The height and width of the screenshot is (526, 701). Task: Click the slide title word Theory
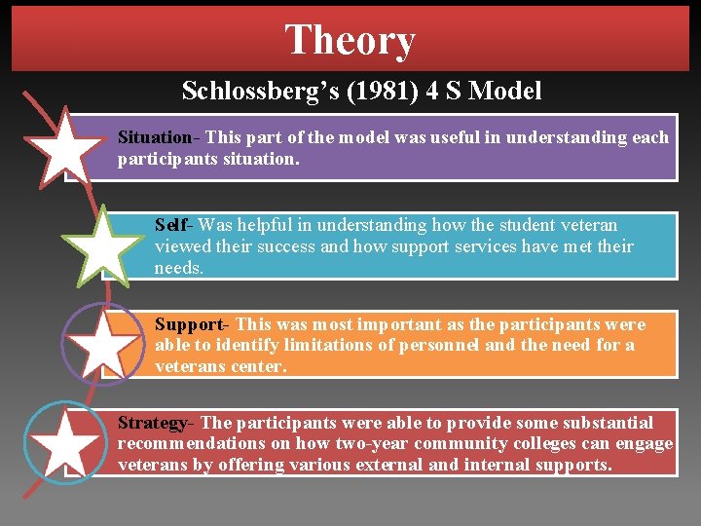pos(350,40)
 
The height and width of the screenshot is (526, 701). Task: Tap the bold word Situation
pos(154,137)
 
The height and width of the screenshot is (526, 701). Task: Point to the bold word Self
pos(171,225)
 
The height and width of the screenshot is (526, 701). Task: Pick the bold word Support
pos(189,324)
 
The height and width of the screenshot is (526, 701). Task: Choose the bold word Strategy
pos(153,423)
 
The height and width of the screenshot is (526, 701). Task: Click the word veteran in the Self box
pos(585,225)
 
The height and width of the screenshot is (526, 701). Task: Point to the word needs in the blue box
pos(179,268)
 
